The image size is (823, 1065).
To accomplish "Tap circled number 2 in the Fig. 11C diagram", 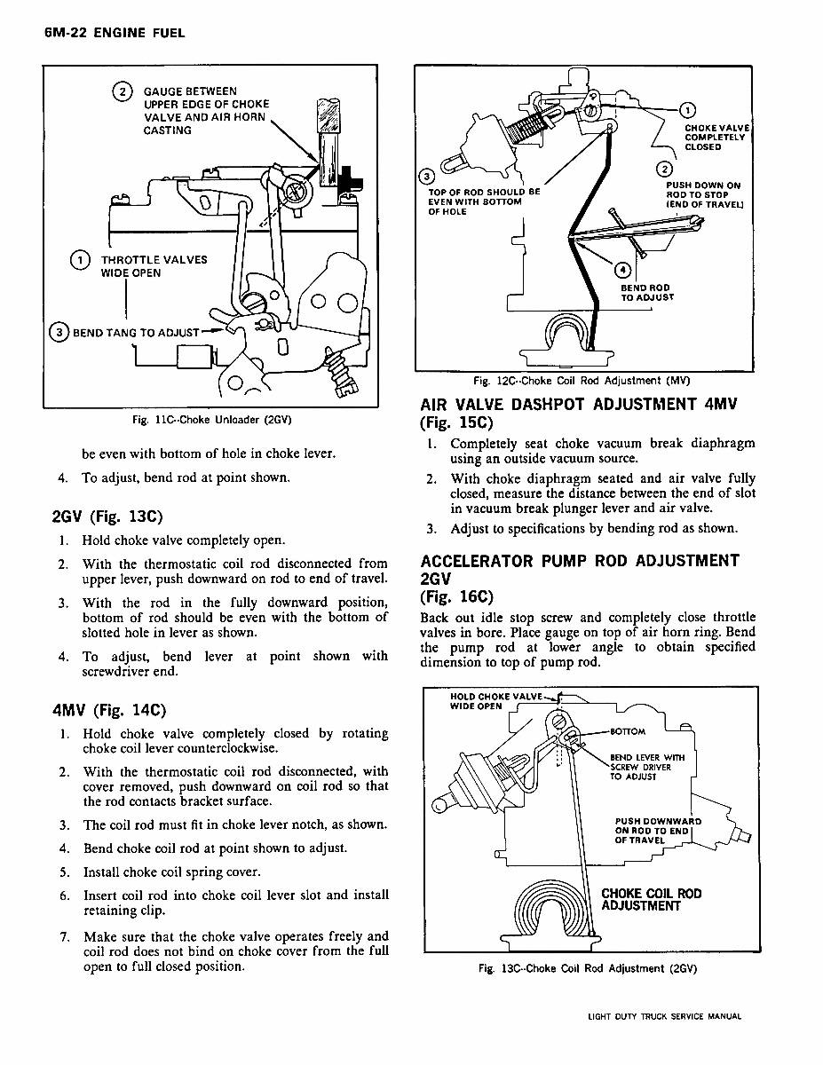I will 121,91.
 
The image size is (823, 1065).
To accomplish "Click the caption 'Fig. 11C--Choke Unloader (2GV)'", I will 211,419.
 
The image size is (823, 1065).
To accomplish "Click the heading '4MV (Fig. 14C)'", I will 110,710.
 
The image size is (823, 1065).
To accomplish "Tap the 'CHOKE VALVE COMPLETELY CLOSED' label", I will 716,138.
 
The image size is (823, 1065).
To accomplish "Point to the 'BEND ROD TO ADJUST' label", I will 646,293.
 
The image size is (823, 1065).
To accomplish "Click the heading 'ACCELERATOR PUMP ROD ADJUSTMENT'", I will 580,561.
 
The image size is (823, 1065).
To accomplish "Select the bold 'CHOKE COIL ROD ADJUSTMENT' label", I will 651,899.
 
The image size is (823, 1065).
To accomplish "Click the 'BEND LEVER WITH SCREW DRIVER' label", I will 647,767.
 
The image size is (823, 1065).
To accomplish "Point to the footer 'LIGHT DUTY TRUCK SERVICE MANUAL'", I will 664,1017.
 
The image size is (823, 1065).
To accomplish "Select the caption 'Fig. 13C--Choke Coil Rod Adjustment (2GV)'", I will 586,968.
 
